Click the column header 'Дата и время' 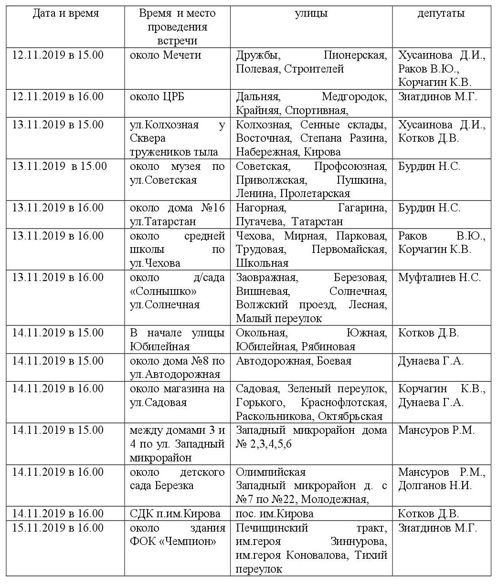click(65, 13)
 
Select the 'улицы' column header click(311, 13)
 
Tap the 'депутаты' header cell click(441, 13)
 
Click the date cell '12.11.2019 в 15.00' click(58, 55)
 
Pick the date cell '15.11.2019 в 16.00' click(58, 528)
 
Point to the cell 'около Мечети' click(165, 55)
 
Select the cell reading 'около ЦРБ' click(157, 97)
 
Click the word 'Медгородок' click(354, 97)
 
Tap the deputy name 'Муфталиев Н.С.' click(439, 277)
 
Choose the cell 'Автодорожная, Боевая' click(294, 361)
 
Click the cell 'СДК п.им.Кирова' click(175, 514)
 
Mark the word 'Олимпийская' click(271, 472)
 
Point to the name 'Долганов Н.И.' click(435, 486)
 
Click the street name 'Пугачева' click(256, 222)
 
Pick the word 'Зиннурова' click(359, 542)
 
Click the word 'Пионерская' click(355, 55)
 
